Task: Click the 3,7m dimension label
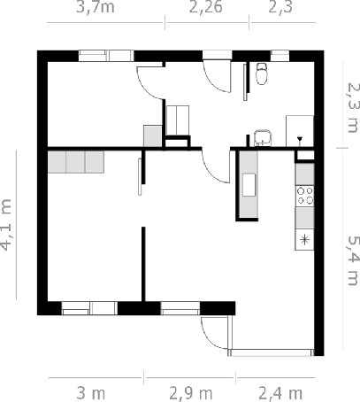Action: pos(96,7)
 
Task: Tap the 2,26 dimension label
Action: pos(205,7)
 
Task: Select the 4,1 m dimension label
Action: pos(6,225)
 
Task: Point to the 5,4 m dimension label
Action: pos(353,260)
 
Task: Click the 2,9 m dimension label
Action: pos(191,393)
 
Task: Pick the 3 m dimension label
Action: pos(91,393)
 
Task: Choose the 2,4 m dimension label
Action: pos(280,393)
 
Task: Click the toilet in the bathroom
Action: pos(262,73)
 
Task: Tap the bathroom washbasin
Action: pos(263,138)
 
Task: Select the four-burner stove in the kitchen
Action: pos(305,196)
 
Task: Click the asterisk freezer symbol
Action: pos(304,239)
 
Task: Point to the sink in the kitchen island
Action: pos(249,185)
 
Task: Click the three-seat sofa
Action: pos(76,162)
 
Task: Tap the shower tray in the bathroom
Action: pos(300,131)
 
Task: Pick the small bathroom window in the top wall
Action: pos(280,56)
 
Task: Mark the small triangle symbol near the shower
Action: pos(300,139)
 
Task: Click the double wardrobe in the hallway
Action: pos(178,120)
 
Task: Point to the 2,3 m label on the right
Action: pos(354,107)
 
